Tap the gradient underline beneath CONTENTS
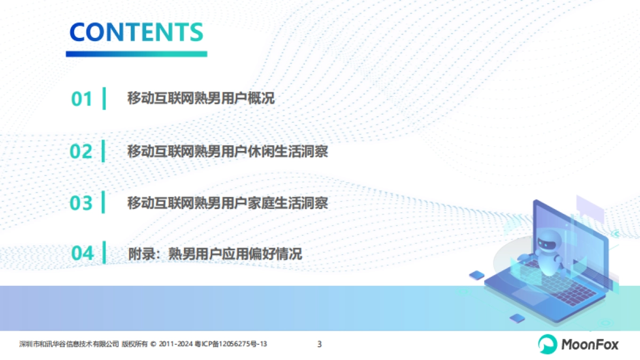tap(137, 54)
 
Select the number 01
tap(82, 99)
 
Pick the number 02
tap(82, 151)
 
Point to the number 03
tap(82, 203)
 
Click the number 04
tap(82, 253)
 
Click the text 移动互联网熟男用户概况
tap(201, 99)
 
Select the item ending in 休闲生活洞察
tap(227, 151)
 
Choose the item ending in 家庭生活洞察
tap(227, 203)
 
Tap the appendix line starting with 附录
tap(215, 253)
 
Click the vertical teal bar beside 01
tap(104, 99)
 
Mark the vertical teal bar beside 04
tap(104, 252)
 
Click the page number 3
tap(319, 345)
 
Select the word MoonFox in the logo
tap(589, 345)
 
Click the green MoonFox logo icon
tap(546, 344)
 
